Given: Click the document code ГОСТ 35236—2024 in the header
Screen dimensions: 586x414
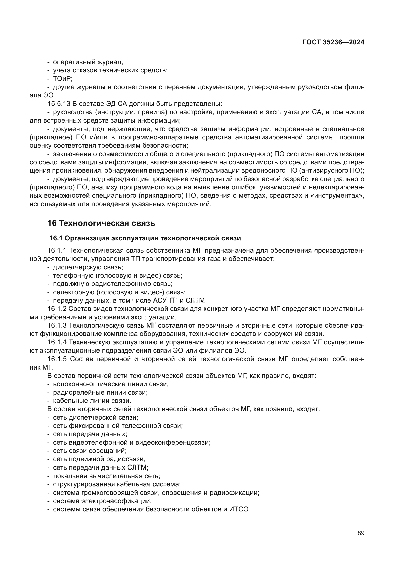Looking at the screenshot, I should click(333, 42).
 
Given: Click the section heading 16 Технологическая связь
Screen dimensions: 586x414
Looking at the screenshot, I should click(101, 223).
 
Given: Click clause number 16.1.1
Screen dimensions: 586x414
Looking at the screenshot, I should click(57, 250).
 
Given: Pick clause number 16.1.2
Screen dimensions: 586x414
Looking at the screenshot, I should click(57, 309).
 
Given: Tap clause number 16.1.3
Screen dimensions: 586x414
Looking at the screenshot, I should click(57, 325).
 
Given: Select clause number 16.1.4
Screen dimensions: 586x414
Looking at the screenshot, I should click(57, 342).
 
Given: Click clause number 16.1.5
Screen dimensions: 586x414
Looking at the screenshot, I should click(57, 359).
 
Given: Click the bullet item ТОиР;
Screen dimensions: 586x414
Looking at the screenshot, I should click(63, 79).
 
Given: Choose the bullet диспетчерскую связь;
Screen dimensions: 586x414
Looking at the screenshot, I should click(88, 267).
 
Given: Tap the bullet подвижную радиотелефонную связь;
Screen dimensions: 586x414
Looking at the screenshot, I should click(113, 284).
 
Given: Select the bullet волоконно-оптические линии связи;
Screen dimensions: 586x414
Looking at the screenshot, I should click(111, 384).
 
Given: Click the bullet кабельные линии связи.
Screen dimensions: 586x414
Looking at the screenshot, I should click(92, 401).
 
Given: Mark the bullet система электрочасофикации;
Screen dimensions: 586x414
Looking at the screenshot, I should click(102, 501).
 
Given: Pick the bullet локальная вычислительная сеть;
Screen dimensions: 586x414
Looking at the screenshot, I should click(107, 476).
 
